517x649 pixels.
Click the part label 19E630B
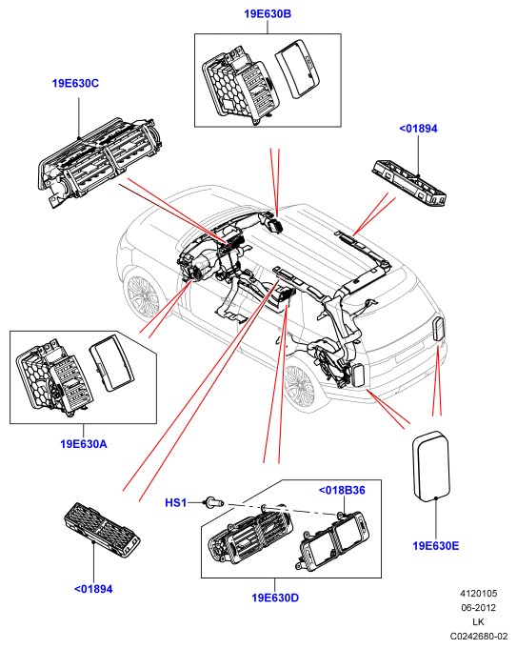[268, 14]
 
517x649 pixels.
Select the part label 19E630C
[75, 84]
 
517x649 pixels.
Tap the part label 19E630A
[84, 444]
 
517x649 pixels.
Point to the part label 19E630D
[275, 598]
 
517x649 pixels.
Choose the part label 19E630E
[436, 546]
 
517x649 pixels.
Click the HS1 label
[176, 503]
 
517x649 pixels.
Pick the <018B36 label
[342, 491]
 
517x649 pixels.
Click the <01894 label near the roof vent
[418, 129]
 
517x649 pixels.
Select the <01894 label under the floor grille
[93, 589]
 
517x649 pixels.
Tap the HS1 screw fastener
[214, 503]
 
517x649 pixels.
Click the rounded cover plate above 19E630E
[431, 464]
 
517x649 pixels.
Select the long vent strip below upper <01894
[409, 183]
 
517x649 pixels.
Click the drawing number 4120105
[479, 594]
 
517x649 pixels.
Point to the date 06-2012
[479, 608]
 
